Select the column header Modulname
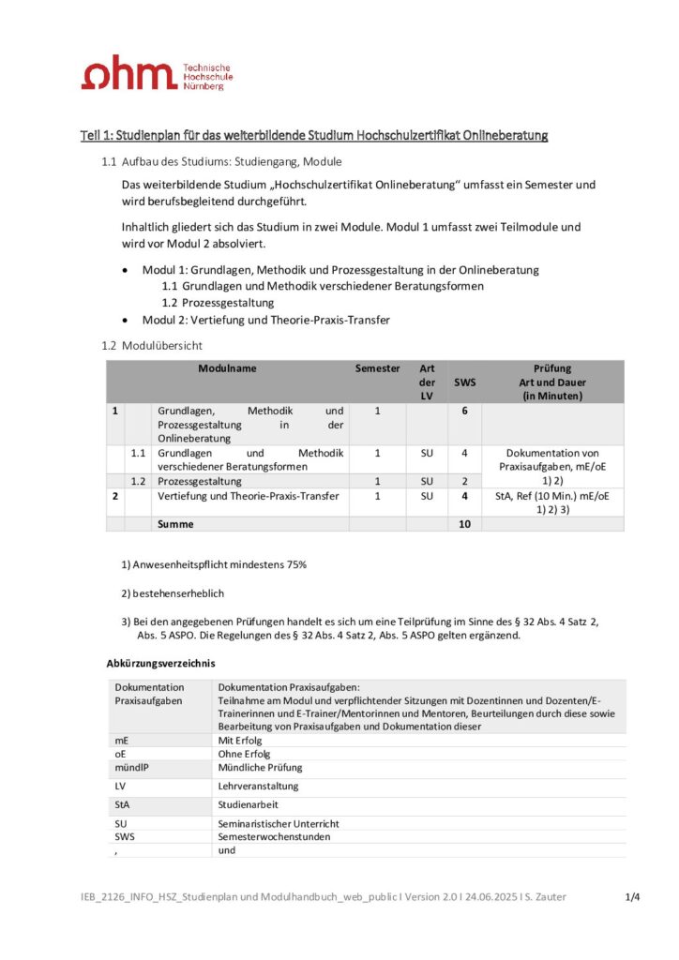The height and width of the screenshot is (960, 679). click(227, 368)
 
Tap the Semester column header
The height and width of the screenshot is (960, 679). click(377, 368)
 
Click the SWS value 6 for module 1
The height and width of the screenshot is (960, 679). click(464, 411)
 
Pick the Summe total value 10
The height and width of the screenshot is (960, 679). click(464, 524)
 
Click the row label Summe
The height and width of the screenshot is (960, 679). click(175, 524)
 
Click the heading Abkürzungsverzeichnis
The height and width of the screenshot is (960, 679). click(160, 663)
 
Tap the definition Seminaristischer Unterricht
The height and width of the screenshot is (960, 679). click(279, 823)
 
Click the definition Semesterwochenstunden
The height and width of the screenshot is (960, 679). click(274, 836)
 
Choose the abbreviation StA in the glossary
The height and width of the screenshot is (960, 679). click(123, 803)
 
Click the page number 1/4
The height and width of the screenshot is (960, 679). click(633, 897)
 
